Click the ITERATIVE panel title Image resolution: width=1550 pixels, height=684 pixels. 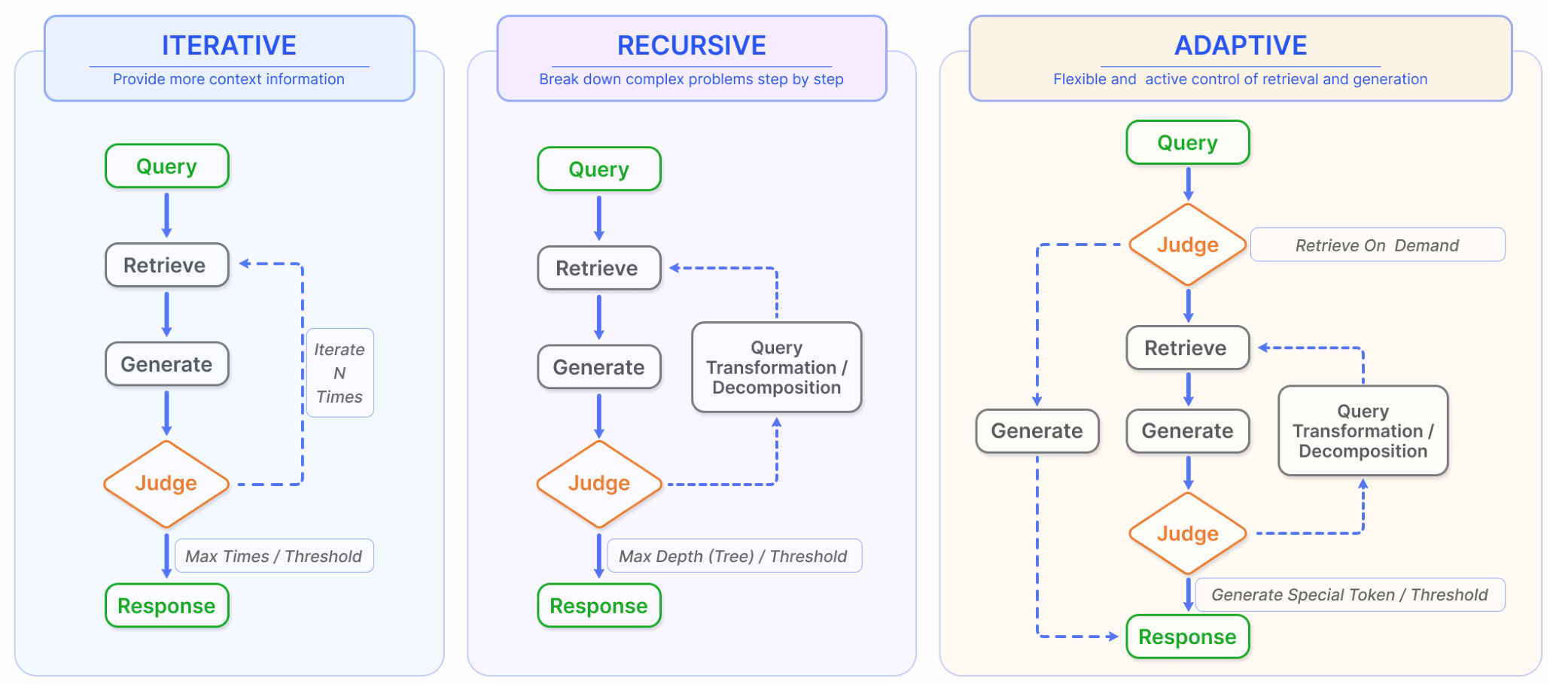pyautogui.click(x=229, y=45)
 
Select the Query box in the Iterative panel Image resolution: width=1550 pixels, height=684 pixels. pyautogui.click(x=166, y=166)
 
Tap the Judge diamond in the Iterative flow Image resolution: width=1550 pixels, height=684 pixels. pyautogui.click(x=166, y=484)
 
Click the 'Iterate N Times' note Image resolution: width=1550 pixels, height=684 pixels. pyautogui.click(x=340, y=373)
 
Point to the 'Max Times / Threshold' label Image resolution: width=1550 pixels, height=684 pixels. pyautogui.click(x=274, y=556)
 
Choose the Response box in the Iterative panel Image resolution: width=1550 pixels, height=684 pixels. pyautogui.click(x=166, y=606)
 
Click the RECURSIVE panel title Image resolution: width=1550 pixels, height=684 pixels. pyautogui.click(x=691, y=45)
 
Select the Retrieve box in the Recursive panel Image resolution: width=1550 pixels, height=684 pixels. pyautogui.click(x=598, y=268)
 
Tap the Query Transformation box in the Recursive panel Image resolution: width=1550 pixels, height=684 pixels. pyautogui.click(x=776, y=367)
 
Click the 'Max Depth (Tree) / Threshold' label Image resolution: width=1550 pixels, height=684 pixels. pyautogui.click(x=733, y=556)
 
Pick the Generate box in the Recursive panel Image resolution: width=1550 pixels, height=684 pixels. pyautogui.click(x=598, y=367)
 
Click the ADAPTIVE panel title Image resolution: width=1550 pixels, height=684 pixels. pyautogui.click(x=1240, y=45)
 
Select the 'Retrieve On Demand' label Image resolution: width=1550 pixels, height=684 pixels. pyautogui.click(x=1377, y=245)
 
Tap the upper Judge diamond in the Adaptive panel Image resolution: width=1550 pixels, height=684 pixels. pyautogui.click(x=1187, y=245)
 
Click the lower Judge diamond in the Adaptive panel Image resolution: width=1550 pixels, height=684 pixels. pyautogui.click(x=1187, y=534)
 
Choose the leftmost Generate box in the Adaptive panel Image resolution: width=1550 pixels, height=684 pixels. pyautogui.click(x=1037, y=431)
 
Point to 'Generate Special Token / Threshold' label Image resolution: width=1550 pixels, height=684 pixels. pyautogui.click(x=1349, y=595)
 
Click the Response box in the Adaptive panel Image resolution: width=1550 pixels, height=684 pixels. pyautogui.click(x=1187, y=637)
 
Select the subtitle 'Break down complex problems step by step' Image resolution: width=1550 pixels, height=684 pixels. pyautogui.click(x=691, y=79)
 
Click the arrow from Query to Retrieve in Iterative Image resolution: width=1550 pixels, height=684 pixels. pyautogui.click(x=166, y=215)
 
